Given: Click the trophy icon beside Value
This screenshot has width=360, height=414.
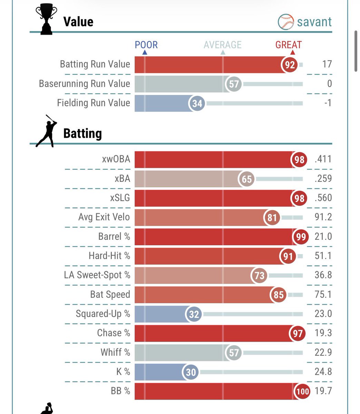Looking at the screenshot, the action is click(46, 19).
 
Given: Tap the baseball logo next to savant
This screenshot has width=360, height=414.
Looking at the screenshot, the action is click(285, 22).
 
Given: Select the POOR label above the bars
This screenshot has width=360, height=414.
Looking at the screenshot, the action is click(146, 45).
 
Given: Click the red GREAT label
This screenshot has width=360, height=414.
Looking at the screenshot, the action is click(288, 45).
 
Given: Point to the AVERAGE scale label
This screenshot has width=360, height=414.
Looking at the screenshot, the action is click(222, 45).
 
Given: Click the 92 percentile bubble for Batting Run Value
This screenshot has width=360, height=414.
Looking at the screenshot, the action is click(290, 65).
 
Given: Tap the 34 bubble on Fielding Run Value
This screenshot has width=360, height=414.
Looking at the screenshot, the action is click(197, 103).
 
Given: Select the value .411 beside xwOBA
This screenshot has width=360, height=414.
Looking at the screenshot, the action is click(323, 159).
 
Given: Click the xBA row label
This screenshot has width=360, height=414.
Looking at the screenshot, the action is click(122, 178).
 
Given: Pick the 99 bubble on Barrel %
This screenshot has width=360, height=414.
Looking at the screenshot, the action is click(301, 237).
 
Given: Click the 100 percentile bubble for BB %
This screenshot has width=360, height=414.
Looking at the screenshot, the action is click(302, 391).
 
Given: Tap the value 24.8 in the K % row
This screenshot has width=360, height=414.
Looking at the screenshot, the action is click(323, 372).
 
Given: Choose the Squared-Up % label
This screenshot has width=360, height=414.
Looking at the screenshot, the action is click(103, 314).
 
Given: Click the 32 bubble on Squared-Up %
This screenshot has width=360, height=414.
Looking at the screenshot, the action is click(193, 314).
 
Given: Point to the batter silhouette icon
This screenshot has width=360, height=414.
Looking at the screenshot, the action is click(46, 131).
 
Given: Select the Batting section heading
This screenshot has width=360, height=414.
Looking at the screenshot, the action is click(82, 134).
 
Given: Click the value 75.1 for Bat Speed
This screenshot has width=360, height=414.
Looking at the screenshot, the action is click(323, 294).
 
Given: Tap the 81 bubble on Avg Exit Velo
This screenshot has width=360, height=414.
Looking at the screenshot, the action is click(272, 217).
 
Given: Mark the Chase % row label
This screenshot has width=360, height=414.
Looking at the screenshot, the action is click(113, 333).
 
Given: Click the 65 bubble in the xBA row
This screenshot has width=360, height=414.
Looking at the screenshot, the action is click(246, 179).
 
